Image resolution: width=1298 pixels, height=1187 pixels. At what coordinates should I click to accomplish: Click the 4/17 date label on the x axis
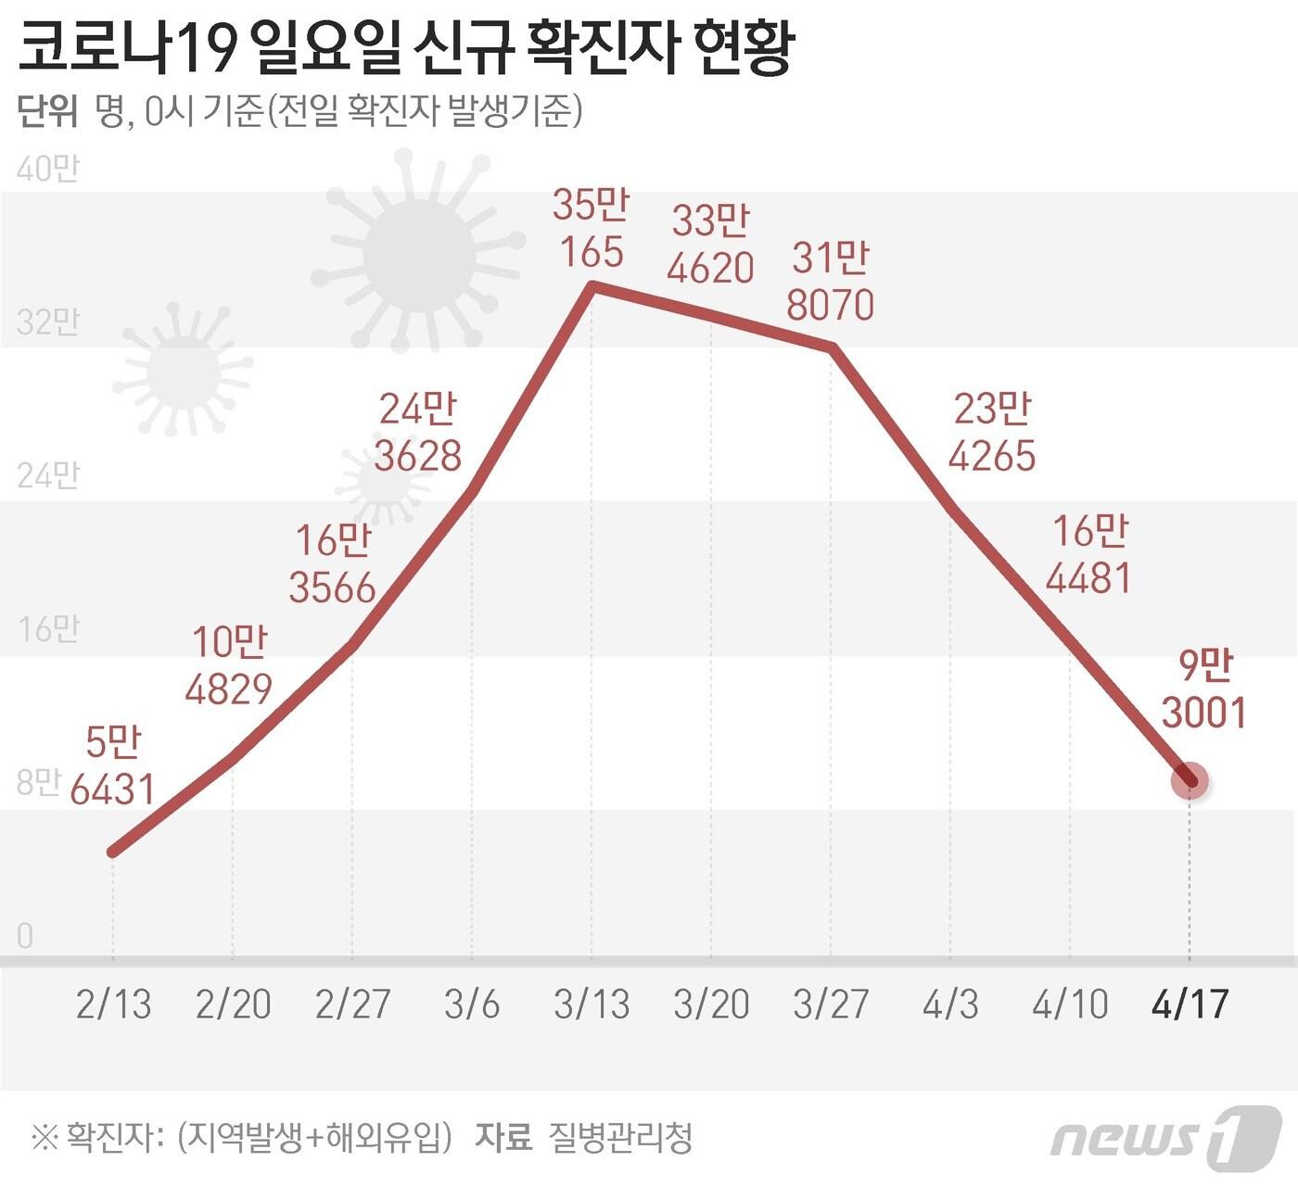[x=1190, y=1004]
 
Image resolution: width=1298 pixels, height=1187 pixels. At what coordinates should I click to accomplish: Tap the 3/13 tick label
[x=592, y=1004]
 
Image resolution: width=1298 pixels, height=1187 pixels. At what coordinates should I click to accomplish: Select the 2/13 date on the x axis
[x=113, y=1004]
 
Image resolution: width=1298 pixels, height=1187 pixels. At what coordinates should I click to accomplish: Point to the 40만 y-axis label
[x=47, y=169]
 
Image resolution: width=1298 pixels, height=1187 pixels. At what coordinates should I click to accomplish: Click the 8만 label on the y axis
[x=37, y=783]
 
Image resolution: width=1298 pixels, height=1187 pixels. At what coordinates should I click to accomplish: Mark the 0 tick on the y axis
[x=25, y=936]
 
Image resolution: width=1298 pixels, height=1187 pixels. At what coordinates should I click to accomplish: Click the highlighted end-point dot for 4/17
[x=1190, y=781]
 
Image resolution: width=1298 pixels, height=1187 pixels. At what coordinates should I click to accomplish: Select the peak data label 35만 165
[x=591, y=228]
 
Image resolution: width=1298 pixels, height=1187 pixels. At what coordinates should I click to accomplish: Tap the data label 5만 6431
[x=112, y=766]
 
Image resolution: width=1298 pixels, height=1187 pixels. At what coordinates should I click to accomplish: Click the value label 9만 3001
[x=1203, y=689]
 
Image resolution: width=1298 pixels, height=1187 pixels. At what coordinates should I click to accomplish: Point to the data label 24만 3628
[x=418, y=433]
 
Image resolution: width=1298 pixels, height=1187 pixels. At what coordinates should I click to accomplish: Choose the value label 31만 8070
[x=830, y=281]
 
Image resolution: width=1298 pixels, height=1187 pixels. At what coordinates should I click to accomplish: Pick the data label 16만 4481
[x=1089, y=554]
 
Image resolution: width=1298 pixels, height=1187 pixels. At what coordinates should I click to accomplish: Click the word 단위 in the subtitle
[x=47, y=111]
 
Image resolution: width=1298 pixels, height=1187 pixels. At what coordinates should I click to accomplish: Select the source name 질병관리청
[x=620, y=1138]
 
